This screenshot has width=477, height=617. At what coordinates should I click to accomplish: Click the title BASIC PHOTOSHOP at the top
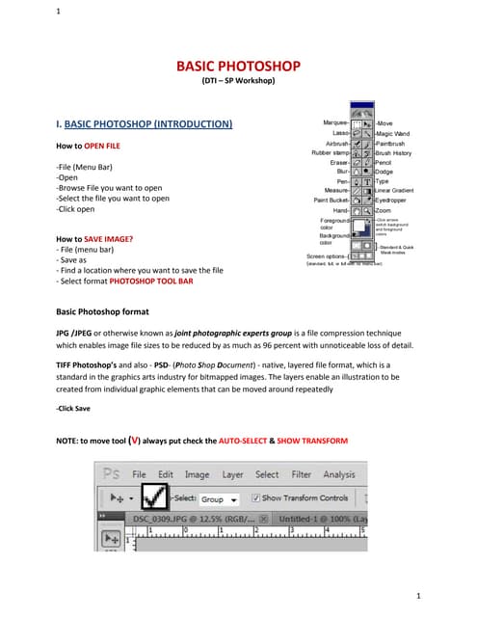coord(238,66)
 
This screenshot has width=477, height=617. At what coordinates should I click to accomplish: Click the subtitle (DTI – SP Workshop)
coord(238,81)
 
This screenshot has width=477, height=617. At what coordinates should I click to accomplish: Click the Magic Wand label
coord(392,133)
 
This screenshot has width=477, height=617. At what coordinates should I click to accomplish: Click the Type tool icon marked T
coord(367,181)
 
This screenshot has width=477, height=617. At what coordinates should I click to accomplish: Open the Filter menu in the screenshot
coord(302,474)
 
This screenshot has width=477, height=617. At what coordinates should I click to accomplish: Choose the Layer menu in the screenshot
coord(232,474)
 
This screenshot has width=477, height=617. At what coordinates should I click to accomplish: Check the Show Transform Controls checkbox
coord(254,498)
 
